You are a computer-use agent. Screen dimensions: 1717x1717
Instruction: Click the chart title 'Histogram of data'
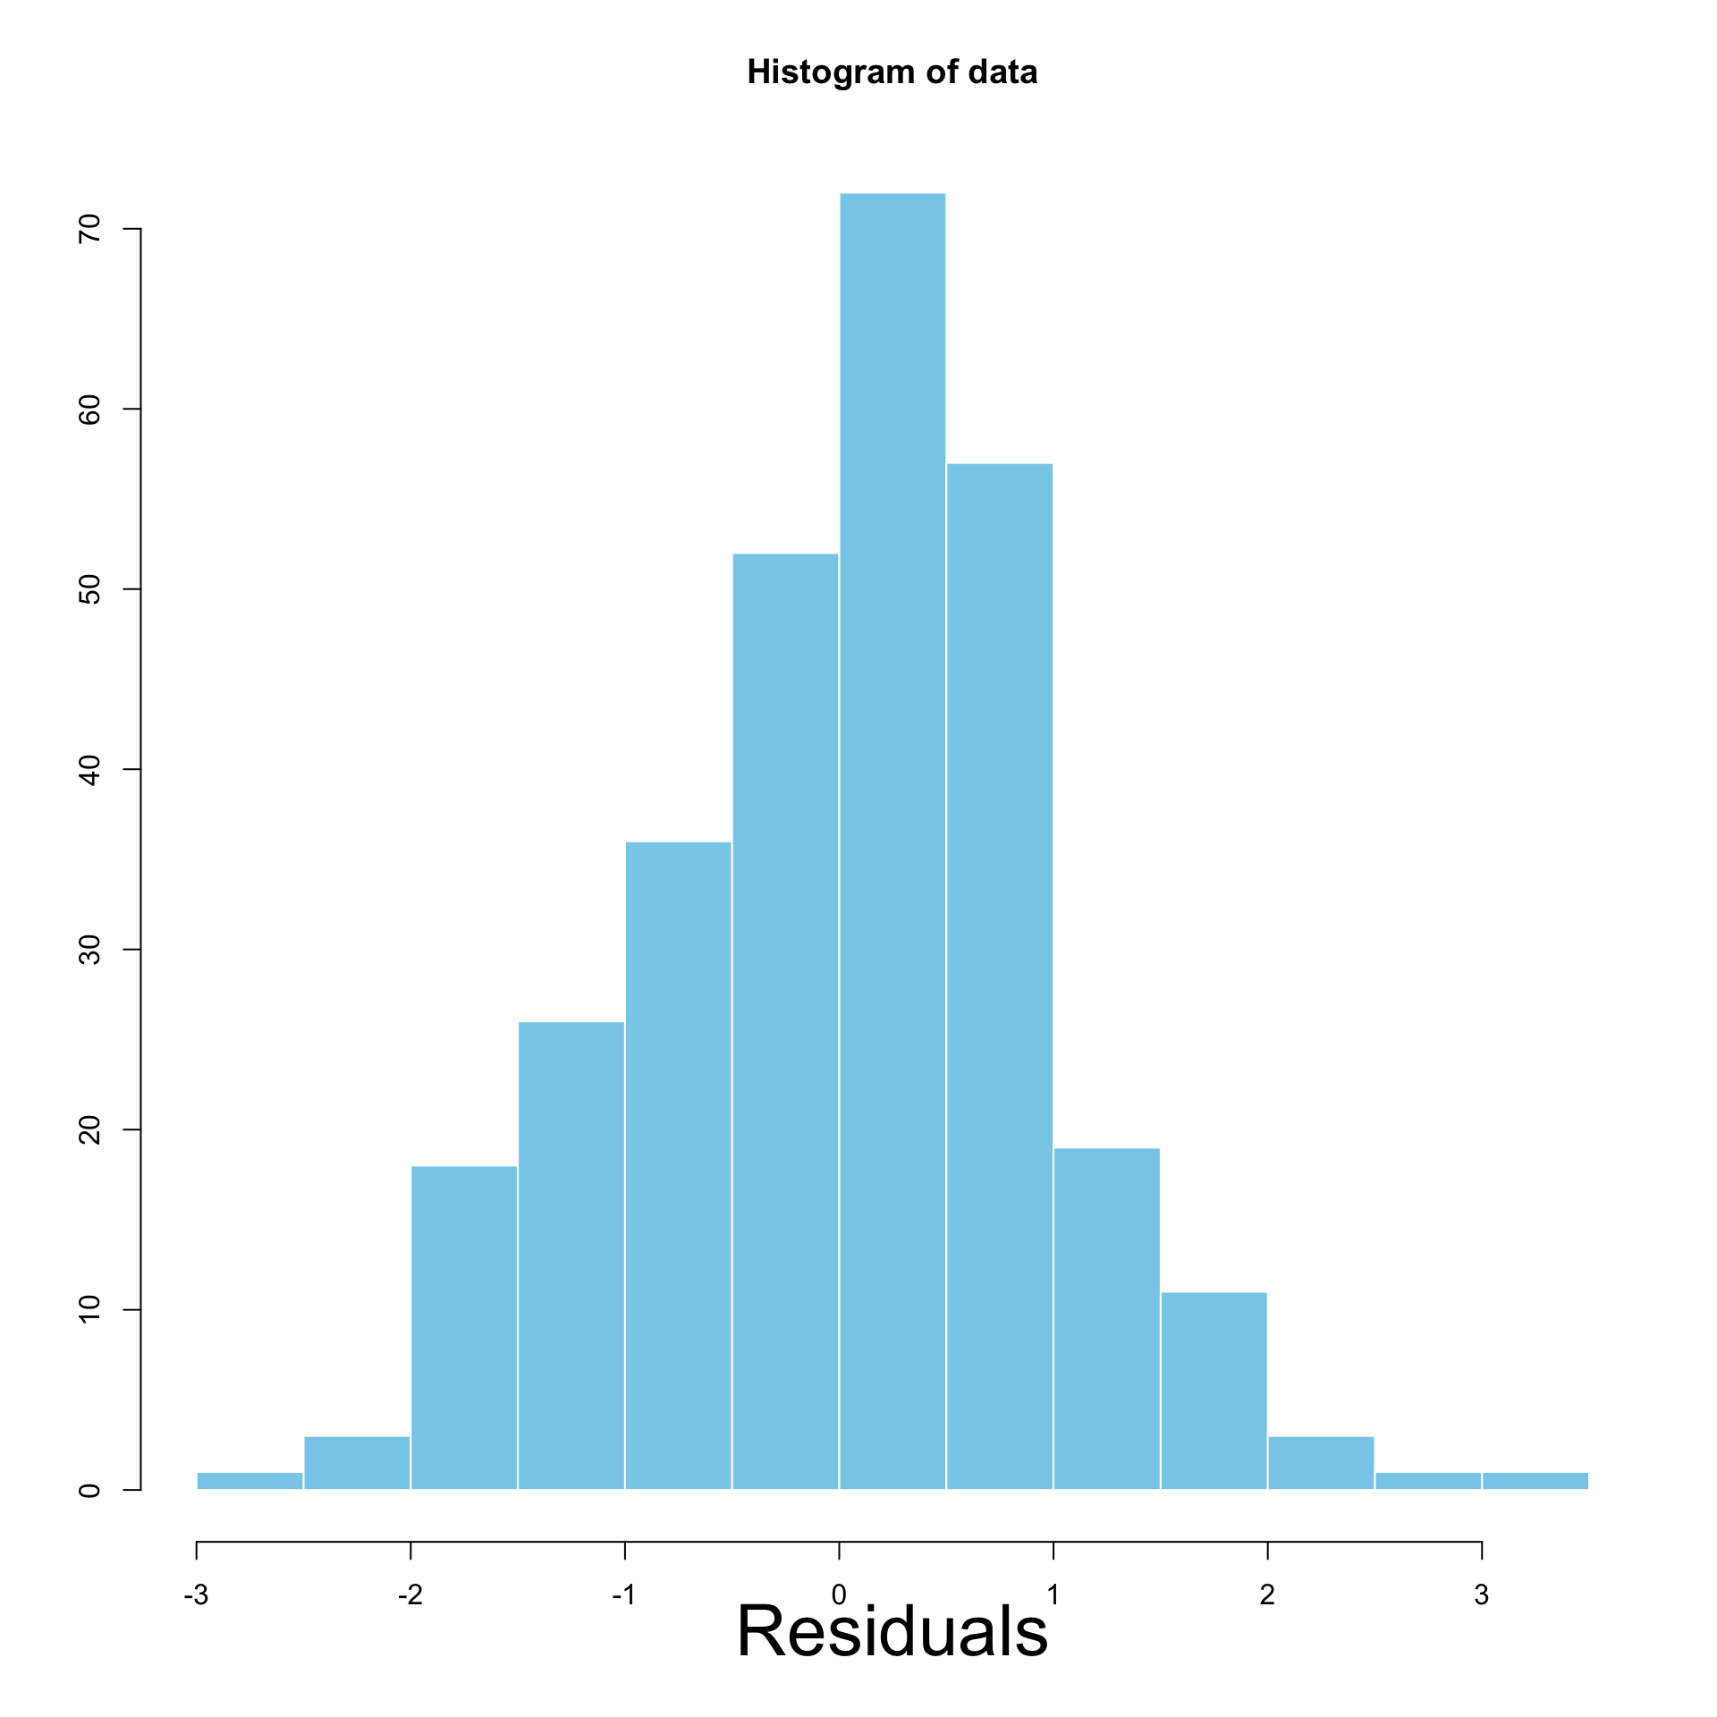coord(892,72)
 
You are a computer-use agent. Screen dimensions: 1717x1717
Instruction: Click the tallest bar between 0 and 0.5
coord(892,841)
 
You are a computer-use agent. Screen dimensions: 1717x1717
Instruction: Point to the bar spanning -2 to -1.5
coord(464,1327)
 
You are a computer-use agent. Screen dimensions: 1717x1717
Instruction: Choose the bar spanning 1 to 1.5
coord(1106,1318)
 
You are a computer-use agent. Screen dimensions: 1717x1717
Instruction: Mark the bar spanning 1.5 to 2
coord(1214,1391)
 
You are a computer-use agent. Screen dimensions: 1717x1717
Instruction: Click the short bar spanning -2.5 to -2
coord(357,1462)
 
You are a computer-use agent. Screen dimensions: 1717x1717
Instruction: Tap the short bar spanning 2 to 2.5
coord(1321,1462)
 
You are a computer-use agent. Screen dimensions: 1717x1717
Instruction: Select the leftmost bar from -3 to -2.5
coord(250,1480)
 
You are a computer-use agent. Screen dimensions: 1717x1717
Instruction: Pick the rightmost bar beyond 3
coord(1535,1480)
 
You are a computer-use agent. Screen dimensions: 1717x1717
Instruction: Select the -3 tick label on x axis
coord(196,1594)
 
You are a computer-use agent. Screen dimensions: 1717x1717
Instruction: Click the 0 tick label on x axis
coord(839,1594)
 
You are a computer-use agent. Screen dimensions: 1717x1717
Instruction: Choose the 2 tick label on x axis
coord(1267,1594)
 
